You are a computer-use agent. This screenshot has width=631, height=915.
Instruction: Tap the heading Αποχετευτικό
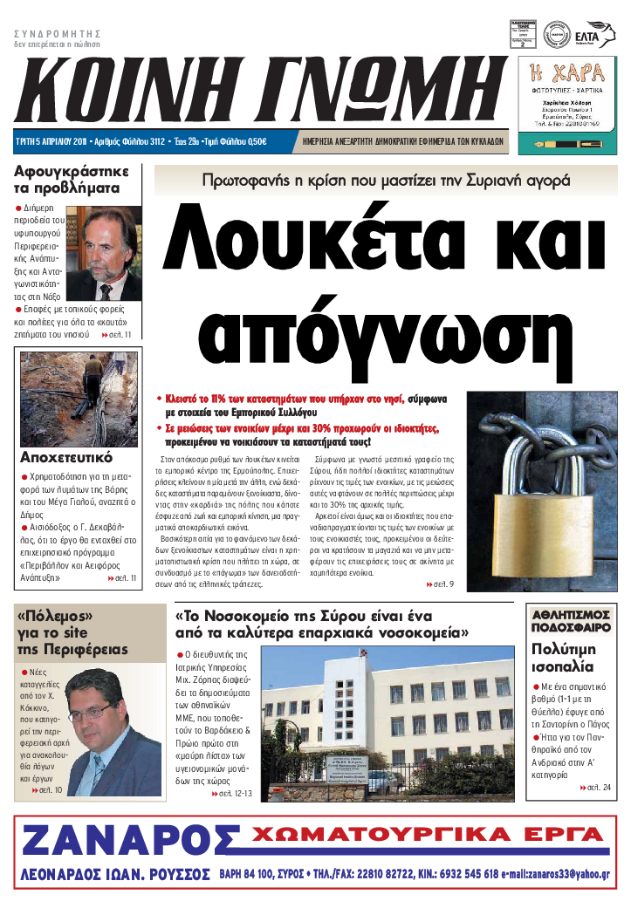click(x=66, y=456)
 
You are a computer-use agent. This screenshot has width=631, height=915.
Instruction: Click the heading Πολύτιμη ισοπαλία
click(x=563, y=658)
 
